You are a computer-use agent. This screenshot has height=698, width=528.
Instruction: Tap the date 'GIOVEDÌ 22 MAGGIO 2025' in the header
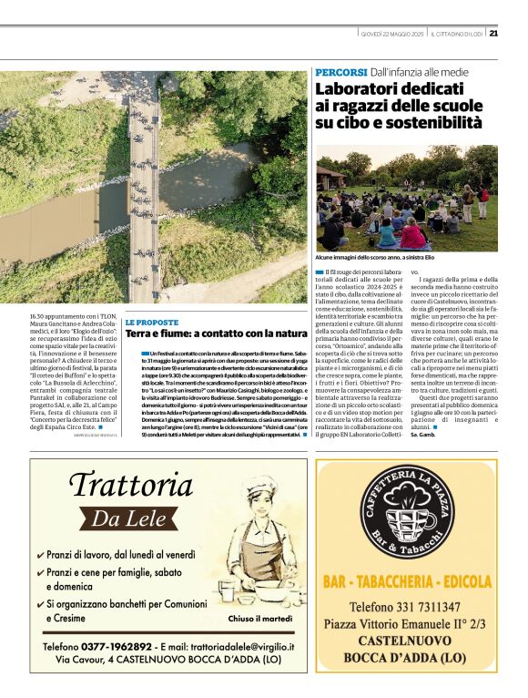coord(392,34)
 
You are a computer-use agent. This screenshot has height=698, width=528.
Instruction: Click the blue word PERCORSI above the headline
coord(341,71)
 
